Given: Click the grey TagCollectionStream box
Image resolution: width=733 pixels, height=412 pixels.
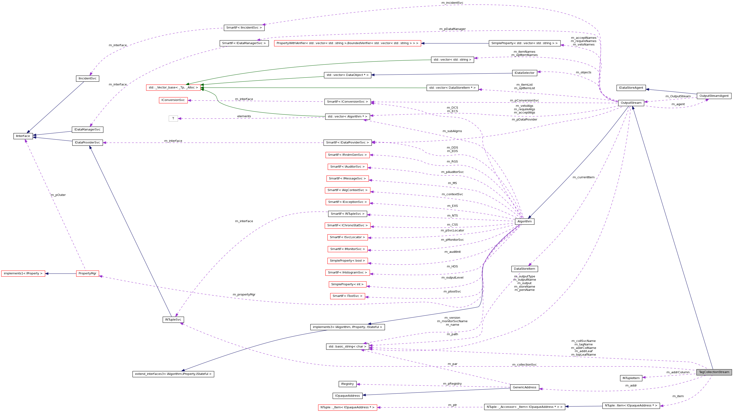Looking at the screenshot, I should point(714,372).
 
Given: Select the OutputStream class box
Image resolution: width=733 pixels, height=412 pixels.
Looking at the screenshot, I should point(631,103).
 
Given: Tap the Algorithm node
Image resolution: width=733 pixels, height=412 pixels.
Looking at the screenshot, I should point(525,221).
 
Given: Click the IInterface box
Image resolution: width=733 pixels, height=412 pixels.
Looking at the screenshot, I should point(23,136).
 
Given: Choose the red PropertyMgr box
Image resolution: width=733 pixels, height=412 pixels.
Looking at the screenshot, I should point(87,273).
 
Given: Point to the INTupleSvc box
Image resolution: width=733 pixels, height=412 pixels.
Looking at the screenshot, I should point(173,320).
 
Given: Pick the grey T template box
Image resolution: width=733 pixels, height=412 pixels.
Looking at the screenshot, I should point(173,118).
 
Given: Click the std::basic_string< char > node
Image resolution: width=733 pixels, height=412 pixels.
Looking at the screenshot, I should point(347,347).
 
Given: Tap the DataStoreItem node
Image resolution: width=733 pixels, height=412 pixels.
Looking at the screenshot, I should point(525,269).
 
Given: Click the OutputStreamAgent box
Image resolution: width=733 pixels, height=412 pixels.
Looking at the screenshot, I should point(714,96).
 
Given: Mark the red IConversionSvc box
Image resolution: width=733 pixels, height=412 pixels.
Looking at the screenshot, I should point(173,100).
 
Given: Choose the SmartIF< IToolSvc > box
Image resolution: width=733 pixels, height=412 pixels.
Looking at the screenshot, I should point(347,296).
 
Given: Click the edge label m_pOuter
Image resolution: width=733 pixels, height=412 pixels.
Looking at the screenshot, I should point(58,195).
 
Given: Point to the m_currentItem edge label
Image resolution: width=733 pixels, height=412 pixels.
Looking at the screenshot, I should point(584,177).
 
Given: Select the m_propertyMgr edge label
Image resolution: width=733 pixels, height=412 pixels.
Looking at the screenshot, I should point(244,295).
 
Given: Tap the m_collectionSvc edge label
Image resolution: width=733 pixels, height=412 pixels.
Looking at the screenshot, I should point(525,364).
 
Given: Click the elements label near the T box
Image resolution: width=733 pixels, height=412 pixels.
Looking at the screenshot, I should point(244,116).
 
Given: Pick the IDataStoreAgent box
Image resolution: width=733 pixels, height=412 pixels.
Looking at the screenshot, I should point(631,88).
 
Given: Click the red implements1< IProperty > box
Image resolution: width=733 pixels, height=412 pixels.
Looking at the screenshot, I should point(23,273).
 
